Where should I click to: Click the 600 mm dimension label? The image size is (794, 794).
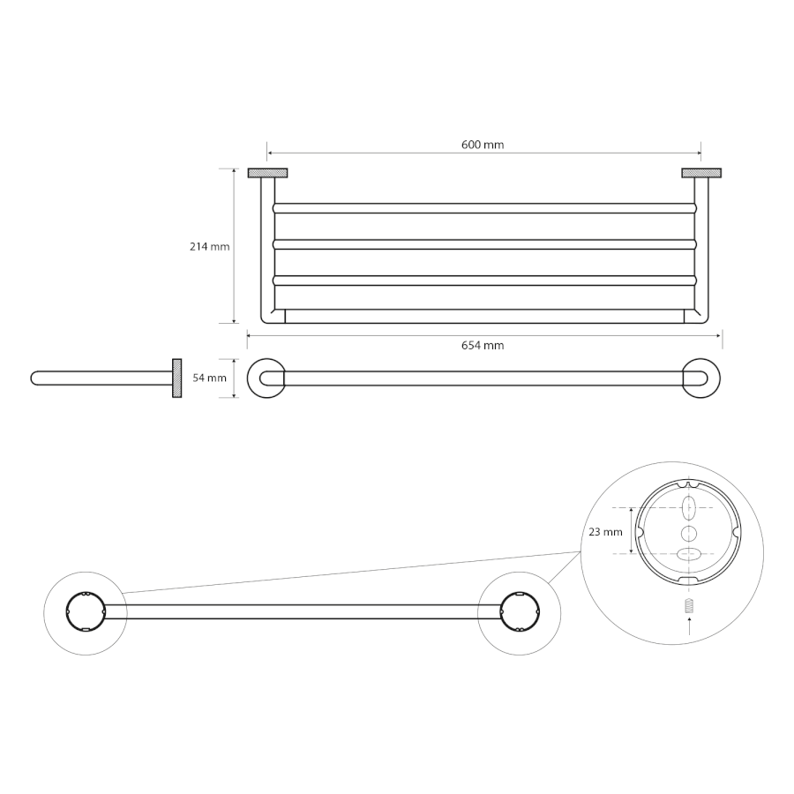click(x=483, y=145)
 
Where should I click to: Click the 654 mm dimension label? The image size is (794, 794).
click(x=483, y=345)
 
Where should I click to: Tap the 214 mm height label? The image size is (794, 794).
click(x=210, y=247)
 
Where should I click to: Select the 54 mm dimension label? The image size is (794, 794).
click(x=210, y=378)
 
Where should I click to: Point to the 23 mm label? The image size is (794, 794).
click(x=605, y=532)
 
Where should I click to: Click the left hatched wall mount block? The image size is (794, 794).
click(x=268, y=173)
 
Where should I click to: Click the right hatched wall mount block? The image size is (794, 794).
click(x=701, y=173)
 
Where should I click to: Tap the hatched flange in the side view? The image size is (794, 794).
click(x=176, y=378)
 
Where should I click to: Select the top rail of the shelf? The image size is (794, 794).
click(x=484, y=208)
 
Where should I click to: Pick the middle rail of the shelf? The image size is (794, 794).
click(x=484, y=244)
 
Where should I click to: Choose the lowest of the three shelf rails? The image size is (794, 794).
click(x=484, y=281)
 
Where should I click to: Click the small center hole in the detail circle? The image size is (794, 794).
click(x=688, y=533)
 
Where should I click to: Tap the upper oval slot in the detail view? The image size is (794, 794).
click(x=688, y=507)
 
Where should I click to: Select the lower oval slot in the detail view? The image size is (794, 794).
click(x=688, y=555)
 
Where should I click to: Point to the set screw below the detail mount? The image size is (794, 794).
click(x=688, y=605)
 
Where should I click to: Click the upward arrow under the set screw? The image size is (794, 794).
click(x=688, y=627)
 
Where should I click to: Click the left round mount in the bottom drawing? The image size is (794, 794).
click(x=86, y=611)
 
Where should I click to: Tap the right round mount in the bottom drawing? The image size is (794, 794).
click(x=520, y=611)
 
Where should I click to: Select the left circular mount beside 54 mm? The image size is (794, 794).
click(x=266, y=378)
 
